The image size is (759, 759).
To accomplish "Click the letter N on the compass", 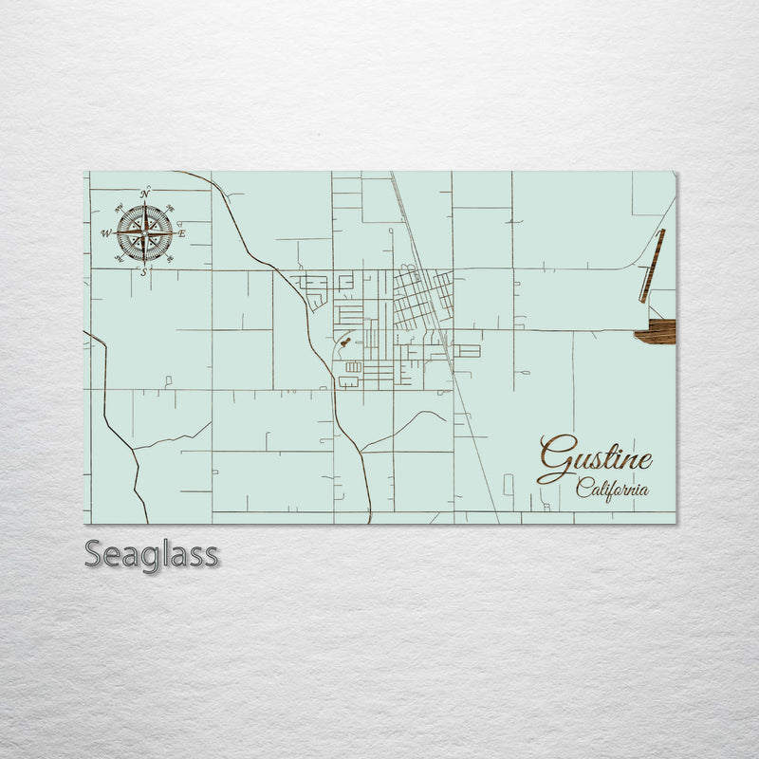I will pyautogui.click(x=145, y=194).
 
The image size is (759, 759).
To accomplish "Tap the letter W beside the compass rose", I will pyautogui.click(x=106, y=232).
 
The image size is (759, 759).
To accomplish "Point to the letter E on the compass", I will pyautogui.click(x=181, y=232).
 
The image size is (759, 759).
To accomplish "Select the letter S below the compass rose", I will pyautogui.click(x=144, y=272).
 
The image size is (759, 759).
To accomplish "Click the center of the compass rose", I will pyautogui.click(x=144, y=232).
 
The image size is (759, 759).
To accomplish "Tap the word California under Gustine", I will pyautogui.click(x=612, y=490).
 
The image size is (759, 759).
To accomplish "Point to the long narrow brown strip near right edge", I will pyautogui.click(x=652, y=266).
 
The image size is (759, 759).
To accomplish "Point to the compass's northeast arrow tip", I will pyautogui.click(x=169, y=209).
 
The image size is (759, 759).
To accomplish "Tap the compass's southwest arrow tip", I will pyautogui.click(x=120, y=257).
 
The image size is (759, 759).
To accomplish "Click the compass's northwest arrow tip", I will pyautogui.click(x=119, y=208).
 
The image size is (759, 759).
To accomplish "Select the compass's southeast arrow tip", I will pyautogui.click(x=170, y=258).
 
